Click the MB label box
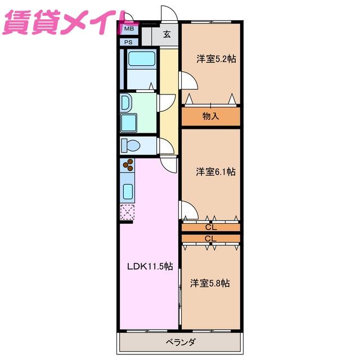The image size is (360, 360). tap(129, 29)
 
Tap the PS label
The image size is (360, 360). tap(128, 42)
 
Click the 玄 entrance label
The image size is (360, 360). tap(167, 34)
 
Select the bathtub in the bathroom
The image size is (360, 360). tap(142, 58)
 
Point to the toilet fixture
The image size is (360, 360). tap(130, 145)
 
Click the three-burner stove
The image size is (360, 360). tap(128, 165)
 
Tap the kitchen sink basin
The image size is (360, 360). tap(128, 191)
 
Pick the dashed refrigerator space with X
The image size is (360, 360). tap(127, 212)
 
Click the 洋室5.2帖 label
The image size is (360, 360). tap(216, 59)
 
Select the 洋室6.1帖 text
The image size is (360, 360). tap(216, 172)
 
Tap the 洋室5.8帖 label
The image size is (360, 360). tap(210, 283)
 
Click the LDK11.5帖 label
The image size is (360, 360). tap(150, 266)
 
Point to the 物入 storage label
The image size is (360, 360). tap(210, 116)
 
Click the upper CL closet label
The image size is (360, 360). tap(211, 227)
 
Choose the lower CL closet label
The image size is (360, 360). tap(211, 238)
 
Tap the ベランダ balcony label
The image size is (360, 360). tap(181, 342)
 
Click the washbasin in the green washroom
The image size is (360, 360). tap(125, 102)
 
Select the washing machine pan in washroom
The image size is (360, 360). tap(129, 123)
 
